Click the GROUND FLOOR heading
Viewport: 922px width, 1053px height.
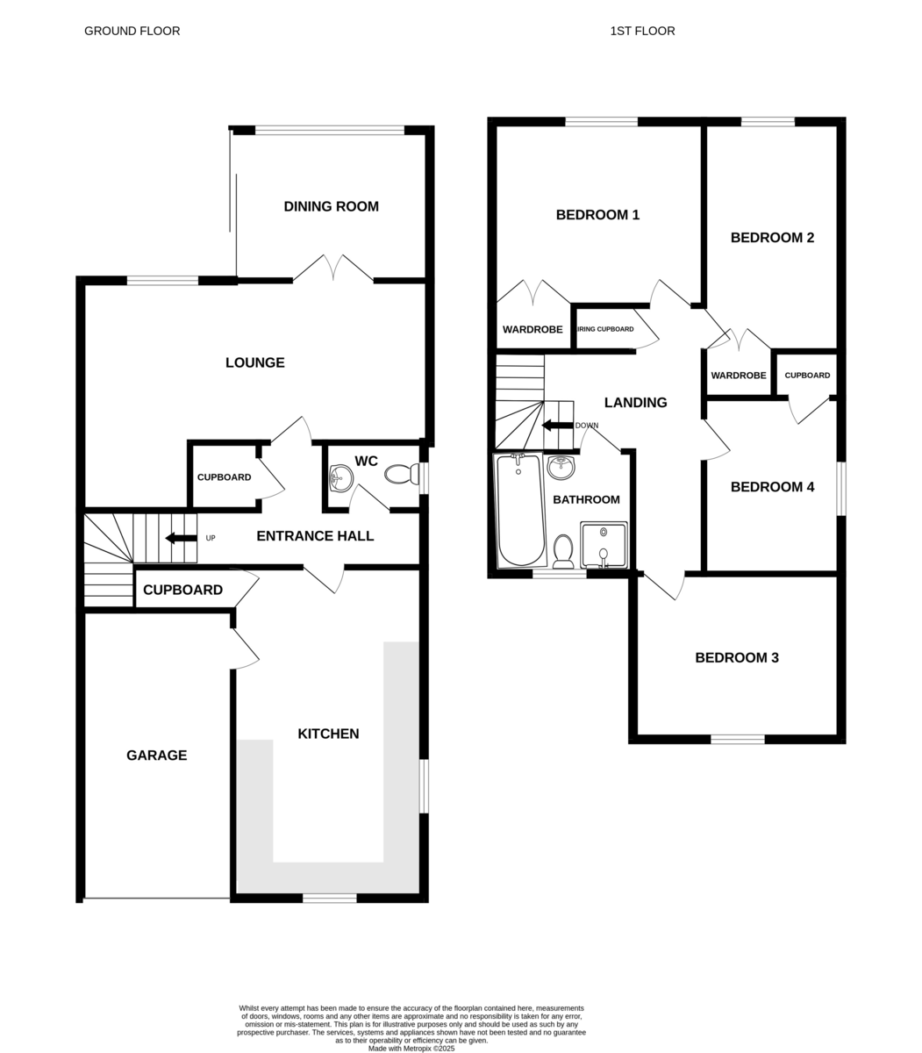pos(132,31)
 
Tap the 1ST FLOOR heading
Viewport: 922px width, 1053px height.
pos(642,31)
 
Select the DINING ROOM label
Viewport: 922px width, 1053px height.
pos(331,206)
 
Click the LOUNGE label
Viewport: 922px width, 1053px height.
pos(254,362)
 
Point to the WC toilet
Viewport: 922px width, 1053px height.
pos(402,474)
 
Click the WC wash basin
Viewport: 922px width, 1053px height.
pos(340,477)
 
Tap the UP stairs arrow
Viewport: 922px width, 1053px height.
pos(181,538)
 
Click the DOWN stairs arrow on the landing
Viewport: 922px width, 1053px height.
pos(558,426)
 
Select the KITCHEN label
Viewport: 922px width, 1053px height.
pos(328,734)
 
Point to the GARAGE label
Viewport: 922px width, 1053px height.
pos(156,755)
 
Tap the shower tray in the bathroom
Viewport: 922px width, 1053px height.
pos(604,545)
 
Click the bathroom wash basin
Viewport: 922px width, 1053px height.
pos(561,468)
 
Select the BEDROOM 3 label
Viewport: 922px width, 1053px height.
pos(737,657)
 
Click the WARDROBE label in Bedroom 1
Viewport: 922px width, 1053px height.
pos(532,329)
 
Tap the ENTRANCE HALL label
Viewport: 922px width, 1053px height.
pos(315,536)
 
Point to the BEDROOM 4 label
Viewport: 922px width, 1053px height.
pos(772,486)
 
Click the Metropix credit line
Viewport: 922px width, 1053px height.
pos(411,1049)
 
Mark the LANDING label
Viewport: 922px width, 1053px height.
pos(635,402)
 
